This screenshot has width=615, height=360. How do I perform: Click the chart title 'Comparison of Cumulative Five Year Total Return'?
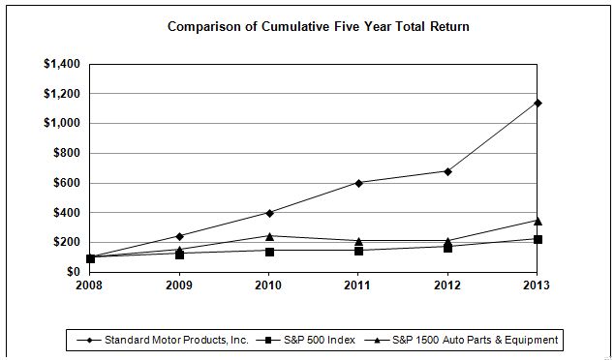318,27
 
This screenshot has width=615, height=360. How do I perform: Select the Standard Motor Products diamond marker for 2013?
538,103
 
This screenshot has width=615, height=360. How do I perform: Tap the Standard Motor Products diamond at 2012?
447,171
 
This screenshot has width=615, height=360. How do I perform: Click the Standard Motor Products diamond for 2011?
358,183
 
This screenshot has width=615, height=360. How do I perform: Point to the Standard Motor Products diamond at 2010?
269,213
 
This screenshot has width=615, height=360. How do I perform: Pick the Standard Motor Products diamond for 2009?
179,236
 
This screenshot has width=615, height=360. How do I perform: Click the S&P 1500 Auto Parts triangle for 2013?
538,222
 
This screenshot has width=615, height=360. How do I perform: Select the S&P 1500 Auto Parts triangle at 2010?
269,236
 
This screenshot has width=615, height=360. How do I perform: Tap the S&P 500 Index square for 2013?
538,239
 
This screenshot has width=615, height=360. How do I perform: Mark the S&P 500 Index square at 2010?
269,252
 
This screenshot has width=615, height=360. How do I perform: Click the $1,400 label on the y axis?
62,64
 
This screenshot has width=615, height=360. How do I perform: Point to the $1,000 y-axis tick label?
62,123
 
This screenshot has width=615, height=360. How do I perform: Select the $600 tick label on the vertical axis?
67,183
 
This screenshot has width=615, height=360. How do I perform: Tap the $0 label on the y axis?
73,272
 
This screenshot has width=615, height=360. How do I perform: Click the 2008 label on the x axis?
89,285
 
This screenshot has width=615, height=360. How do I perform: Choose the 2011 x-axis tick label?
357,285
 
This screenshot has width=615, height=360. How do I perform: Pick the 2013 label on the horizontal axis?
537,285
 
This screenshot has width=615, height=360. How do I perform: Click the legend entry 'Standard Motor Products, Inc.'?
163,340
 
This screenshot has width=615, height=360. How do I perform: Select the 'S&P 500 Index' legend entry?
305,340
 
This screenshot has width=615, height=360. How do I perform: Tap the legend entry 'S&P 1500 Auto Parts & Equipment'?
461,340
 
